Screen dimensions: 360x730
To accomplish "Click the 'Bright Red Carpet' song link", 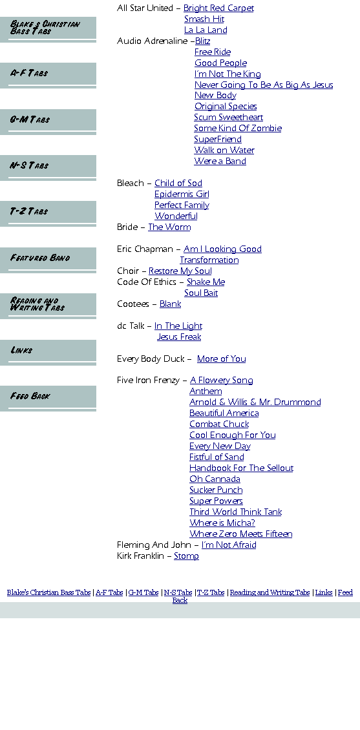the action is point(218,8).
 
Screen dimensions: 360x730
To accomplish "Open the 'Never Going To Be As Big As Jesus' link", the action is point(264,85).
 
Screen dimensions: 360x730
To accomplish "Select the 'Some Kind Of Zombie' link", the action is point(237,128).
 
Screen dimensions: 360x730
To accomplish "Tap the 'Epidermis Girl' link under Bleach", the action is point(182,194).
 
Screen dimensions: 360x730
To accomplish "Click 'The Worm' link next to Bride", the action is point(169,227).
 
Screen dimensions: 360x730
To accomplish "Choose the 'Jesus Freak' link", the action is point(179,337).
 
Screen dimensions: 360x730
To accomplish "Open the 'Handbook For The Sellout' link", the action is point(241,468).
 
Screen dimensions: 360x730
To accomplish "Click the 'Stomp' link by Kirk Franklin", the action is point(186,556).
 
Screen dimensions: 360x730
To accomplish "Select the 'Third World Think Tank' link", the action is point(236,512).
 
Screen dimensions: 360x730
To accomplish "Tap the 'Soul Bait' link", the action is point(201,293).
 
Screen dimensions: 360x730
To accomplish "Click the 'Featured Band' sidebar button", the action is point(48,259).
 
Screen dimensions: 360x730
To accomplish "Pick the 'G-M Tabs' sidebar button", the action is point(48,121).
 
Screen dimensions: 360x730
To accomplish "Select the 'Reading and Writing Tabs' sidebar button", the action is point(48,306).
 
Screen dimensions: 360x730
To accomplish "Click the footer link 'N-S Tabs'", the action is point(178,592).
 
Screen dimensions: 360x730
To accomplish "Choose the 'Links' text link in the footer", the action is point(324,592).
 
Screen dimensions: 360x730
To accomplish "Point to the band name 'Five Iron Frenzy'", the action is point(148,381).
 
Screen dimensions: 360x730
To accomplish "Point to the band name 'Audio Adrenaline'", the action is point(153,41).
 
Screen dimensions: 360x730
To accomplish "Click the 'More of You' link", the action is point(221,359).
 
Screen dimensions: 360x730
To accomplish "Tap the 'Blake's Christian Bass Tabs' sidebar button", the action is point(48,29).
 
